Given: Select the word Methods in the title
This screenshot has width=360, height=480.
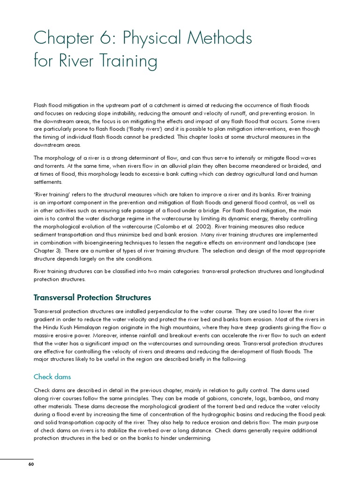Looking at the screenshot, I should tap(218, 38).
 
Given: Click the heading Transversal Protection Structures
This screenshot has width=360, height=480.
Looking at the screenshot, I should tap(92, 298).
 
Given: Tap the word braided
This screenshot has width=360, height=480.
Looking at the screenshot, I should tap(295, 166).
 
